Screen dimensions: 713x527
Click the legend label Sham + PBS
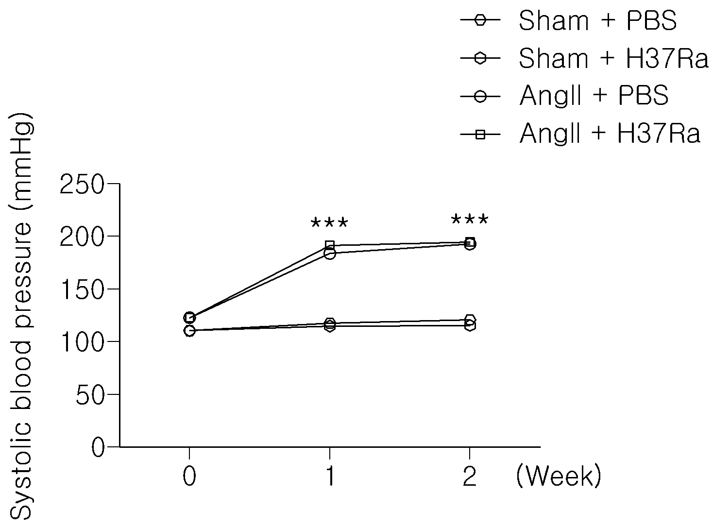[x=597, y=20]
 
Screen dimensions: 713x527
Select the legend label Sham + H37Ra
[x=613, y=58]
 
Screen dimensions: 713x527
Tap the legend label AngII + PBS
[x=594, y=96]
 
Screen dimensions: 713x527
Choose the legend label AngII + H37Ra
[x=610, y=133]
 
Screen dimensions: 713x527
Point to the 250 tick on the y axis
[x=82, y=184]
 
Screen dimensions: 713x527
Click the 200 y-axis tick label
[x=82, y=237]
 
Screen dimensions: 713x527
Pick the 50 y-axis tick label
[x=90, y=394]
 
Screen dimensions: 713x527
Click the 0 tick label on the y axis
[x=98, y=447]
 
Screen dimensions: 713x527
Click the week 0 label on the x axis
[x=189, y=476]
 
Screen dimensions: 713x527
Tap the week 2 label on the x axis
[x=470, y=476]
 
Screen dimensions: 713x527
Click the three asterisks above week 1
[x=329, y=222]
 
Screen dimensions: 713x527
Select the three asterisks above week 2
[x=470, y=220]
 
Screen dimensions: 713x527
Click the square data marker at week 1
[x=330, y=245]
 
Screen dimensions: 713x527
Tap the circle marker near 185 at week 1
[x=330, y=254]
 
